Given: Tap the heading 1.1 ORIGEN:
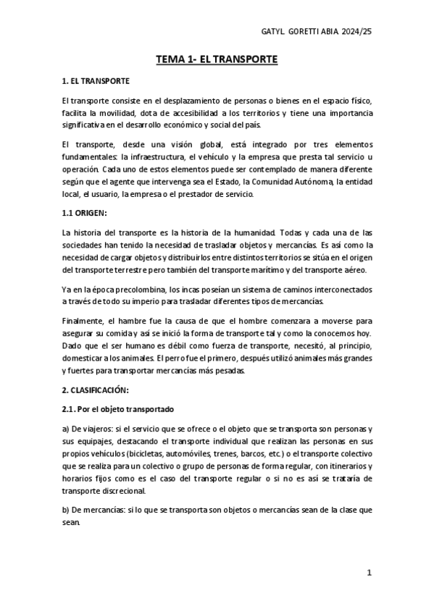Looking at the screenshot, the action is (84, 213).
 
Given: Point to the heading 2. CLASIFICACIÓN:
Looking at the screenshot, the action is (95, 390).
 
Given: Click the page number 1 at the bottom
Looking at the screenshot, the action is (369, 573).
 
